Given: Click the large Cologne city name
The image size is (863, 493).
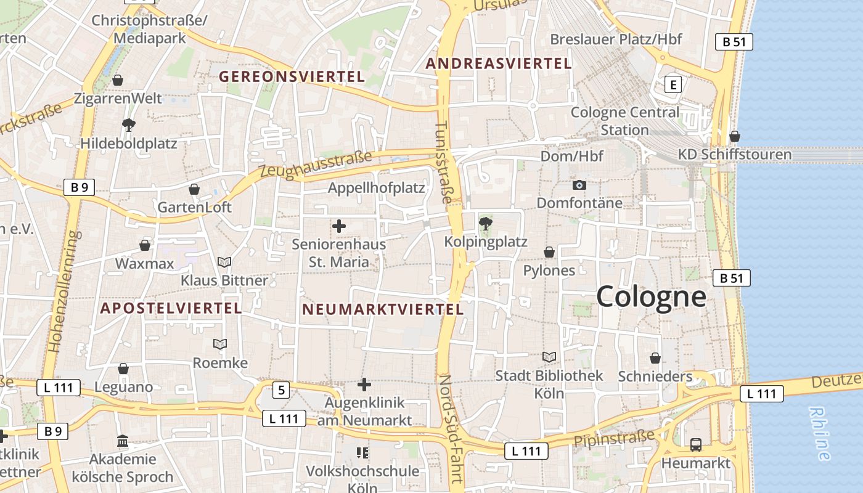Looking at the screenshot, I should click(650, 296).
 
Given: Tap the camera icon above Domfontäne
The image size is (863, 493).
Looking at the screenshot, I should click(579, 185).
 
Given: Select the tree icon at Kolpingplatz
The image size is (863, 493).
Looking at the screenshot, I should click(486, 223).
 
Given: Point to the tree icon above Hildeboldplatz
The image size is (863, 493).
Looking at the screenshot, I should click(128, 125).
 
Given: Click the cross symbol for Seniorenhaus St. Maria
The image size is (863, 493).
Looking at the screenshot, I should click(338, 226).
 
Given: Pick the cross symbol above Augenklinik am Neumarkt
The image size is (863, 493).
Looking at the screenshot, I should click(364, 385).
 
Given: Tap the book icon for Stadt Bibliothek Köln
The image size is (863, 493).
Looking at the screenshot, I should click(549, 357).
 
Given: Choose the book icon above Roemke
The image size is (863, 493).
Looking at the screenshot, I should click(220, 344).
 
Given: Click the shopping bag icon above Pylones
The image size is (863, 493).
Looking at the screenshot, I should click(549, 252).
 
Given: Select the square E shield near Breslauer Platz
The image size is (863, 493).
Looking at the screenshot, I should click(673, 84).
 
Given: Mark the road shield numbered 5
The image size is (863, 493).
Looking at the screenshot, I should click(281, 389).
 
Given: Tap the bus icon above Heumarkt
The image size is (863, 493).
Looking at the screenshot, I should click(695, 444).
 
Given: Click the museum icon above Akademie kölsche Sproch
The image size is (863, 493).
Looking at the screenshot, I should click(123, 441).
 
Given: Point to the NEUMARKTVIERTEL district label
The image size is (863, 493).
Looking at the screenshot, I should click(382, 309).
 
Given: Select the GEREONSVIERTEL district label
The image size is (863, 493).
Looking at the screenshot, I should click(292, 77).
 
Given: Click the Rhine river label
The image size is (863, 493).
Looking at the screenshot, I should click(820, 433).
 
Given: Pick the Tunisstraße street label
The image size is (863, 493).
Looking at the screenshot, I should click(443, 162).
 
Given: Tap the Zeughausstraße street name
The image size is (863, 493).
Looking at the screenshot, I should click(316, 165).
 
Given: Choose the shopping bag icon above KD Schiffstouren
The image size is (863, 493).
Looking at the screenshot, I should click(734, 136).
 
